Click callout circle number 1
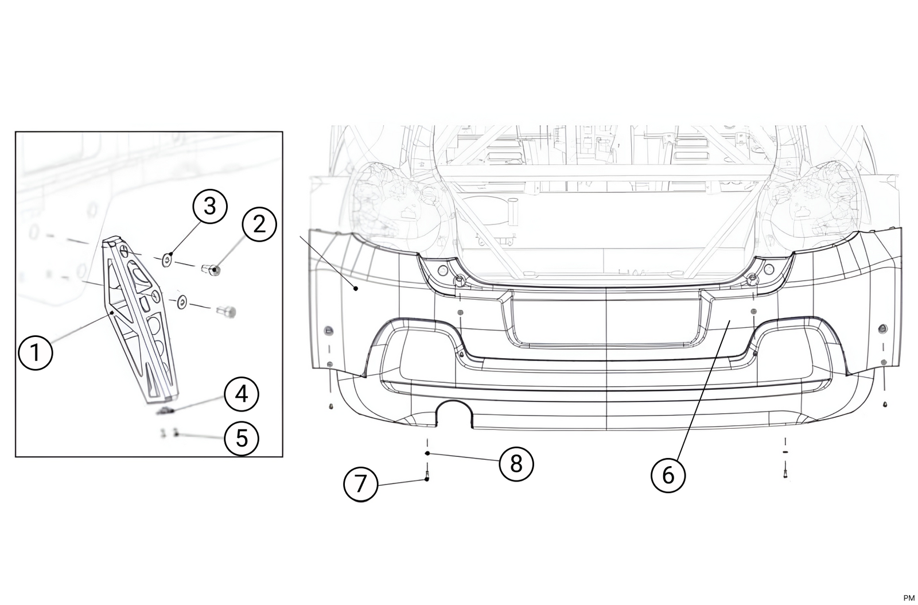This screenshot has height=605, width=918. pos(36,352)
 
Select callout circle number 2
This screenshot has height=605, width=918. pos(259,224)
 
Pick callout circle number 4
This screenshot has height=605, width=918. pos(242,395)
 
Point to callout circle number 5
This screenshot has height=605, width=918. pos(242,439)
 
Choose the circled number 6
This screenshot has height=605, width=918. pos(668,475)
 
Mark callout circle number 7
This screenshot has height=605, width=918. pos(360,484)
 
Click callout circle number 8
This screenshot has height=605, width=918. pos(516,464)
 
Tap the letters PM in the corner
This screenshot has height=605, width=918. pos(908,598)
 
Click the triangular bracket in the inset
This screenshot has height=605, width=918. pos(138,316)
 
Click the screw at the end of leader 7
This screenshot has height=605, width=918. pos(427,476)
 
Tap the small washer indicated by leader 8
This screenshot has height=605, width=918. pos(427,453)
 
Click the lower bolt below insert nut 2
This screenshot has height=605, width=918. pos(227,312)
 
